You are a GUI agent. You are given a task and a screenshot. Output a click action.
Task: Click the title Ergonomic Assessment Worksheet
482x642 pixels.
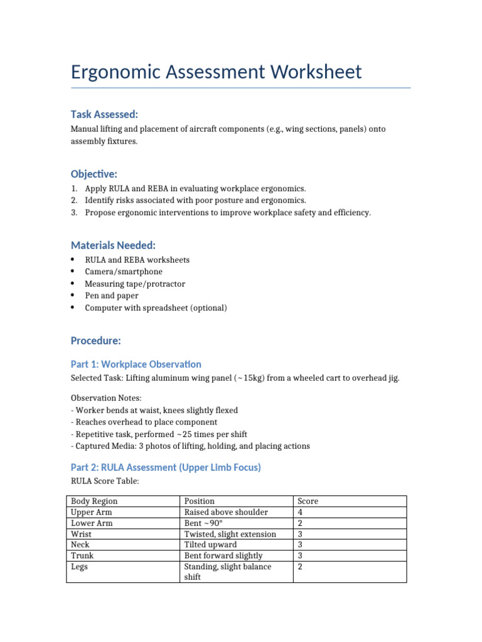pos(216,71)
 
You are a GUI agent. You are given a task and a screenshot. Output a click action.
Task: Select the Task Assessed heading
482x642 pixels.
pos(104,114)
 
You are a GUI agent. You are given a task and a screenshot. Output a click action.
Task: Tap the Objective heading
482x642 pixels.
pos(94,174)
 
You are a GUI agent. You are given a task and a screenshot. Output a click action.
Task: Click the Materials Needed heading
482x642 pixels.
pos(113,245)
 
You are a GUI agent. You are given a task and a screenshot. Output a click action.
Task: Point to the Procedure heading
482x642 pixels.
pos(95,340)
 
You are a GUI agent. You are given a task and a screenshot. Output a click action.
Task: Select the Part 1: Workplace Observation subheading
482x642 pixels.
pos(136,364)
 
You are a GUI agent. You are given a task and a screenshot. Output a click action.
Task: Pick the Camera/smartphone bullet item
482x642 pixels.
pos(124,271)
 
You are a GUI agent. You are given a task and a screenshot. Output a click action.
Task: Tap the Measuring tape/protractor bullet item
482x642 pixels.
pos(135,283)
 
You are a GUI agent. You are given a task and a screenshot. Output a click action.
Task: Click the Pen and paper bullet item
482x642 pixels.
pos(112,295)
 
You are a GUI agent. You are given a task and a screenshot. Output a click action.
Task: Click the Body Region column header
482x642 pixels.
pos(94,501)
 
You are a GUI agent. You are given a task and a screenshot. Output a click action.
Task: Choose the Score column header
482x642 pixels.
pos(308,501)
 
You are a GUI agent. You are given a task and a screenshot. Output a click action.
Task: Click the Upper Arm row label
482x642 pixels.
pos(91,512)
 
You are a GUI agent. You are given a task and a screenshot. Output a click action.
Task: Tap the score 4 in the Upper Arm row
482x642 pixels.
pos(300,512)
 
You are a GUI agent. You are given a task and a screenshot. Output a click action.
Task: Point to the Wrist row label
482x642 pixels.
pos(82,534)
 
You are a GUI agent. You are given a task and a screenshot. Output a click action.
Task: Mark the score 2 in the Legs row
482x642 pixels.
pos(300,567)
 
